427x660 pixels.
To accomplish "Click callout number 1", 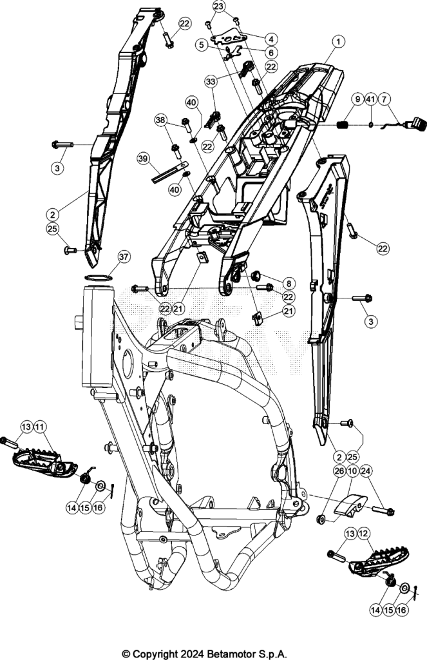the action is [338, 41].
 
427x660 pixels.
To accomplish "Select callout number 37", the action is [124, 257].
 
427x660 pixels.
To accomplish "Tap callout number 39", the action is [143, 159].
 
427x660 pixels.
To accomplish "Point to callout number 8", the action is [289, 284].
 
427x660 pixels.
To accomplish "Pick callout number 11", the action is [39, 427].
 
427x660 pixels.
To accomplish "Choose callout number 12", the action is [363, 533].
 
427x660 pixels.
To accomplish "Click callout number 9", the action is [357, 99].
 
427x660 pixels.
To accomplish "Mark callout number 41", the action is [370, 99].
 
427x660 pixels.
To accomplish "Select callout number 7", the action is [384, 99].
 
